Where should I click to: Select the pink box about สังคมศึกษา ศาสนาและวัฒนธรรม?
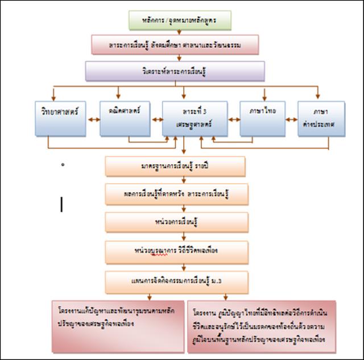(175, 44)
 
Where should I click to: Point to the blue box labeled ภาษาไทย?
(262, 118)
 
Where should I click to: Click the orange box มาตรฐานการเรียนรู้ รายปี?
(175, 166)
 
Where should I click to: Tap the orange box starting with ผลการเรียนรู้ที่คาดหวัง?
(177, 194)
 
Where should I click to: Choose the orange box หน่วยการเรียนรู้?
(177, 222)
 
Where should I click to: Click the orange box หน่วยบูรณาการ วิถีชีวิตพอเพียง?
(177, 250)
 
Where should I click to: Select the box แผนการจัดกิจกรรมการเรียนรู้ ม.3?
(177, 280)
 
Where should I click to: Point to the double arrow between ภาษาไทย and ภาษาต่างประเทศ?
(291, 119)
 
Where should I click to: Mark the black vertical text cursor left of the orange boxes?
(61, 205)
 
